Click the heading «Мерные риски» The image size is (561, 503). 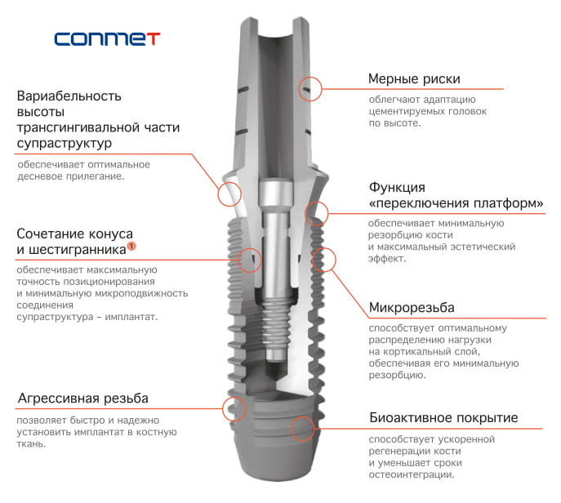[x=414, y=79]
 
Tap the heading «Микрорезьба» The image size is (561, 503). [x=412, y=308]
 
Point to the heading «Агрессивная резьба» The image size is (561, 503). [x=82, y=398]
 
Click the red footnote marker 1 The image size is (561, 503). [x=131, y=245]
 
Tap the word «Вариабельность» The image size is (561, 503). [x=69, y=96]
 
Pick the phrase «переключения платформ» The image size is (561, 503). [x=456, y=203]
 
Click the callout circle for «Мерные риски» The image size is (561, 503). [x=310, y=88]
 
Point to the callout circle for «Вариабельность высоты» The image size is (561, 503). [x=229, y=193]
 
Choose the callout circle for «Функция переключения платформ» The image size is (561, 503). [x=316, y=214]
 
